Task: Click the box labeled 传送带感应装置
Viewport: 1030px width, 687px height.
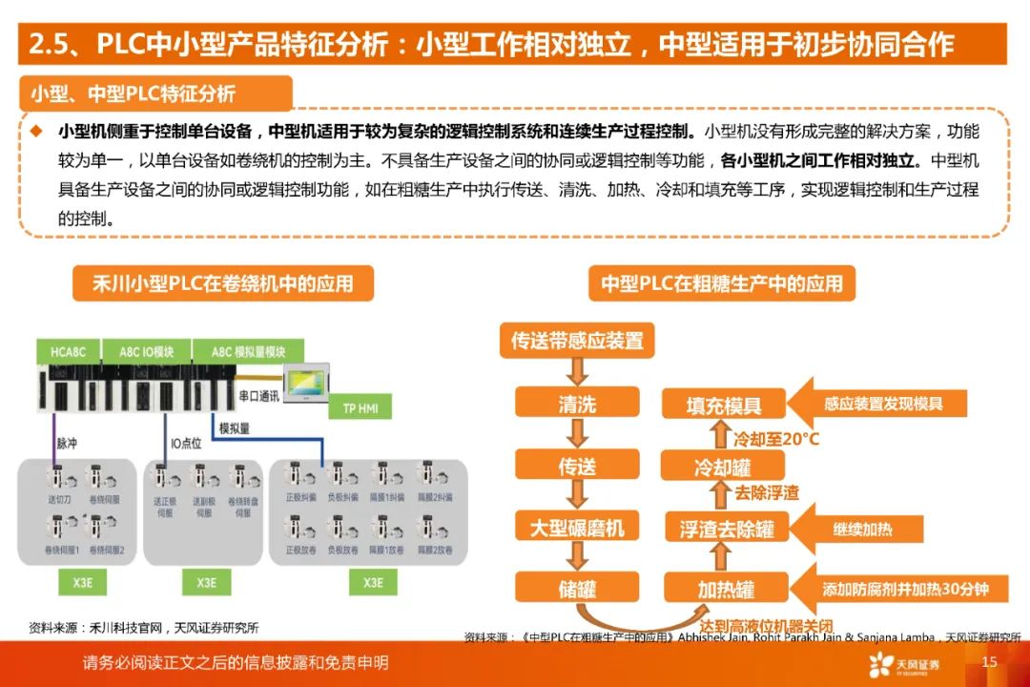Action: (577, 341)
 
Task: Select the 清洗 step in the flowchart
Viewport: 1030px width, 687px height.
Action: (577, 404)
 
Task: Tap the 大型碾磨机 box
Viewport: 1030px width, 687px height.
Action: (577, 526)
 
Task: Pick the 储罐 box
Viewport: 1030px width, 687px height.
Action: (577, 586)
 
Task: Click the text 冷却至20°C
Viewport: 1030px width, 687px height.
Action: (775, 439)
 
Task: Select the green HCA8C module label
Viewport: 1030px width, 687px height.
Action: (69, 351)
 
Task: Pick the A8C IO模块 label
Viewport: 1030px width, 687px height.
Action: (146, 351)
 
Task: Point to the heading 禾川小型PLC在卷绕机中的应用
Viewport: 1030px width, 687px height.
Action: (222, 283)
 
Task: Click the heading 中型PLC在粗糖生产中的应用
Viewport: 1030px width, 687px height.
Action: (722, 283)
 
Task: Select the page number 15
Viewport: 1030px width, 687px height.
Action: (989, 662)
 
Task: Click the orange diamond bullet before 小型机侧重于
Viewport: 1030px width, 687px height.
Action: (36, 130)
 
